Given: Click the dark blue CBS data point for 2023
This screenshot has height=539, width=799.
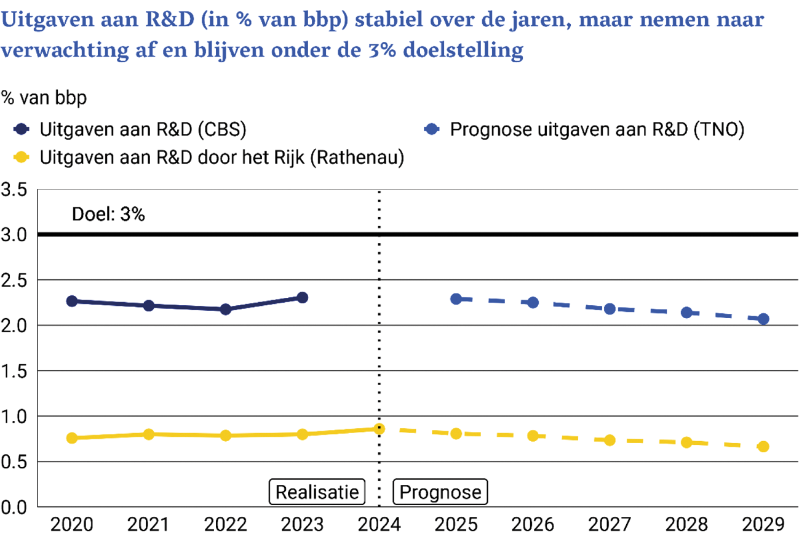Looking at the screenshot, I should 302,298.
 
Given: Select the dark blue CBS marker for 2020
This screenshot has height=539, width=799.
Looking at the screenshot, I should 71,301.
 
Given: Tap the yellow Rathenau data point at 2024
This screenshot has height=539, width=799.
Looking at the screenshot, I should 379,428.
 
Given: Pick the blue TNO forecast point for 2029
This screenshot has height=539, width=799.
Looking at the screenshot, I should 763,319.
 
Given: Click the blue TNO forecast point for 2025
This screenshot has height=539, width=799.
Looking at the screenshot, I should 456,299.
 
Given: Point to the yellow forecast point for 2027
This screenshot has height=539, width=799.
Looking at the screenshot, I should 610,440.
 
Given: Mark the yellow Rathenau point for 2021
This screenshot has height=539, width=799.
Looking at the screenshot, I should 148,434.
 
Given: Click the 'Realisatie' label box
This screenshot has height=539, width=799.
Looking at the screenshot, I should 317,492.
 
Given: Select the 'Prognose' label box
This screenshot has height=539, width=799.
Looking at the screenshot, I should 440,492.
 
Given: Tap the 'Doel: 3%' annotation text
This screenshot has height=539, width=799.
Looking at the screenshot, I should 108,215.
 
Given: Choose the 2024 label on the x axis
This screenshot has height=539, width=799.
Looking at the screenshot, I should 379,525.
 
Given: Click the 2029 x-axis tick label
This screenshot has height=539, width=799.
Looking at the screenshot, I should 763,525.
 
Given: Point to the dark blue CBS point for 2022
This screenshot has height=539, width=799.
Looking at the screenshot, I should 225,309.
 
